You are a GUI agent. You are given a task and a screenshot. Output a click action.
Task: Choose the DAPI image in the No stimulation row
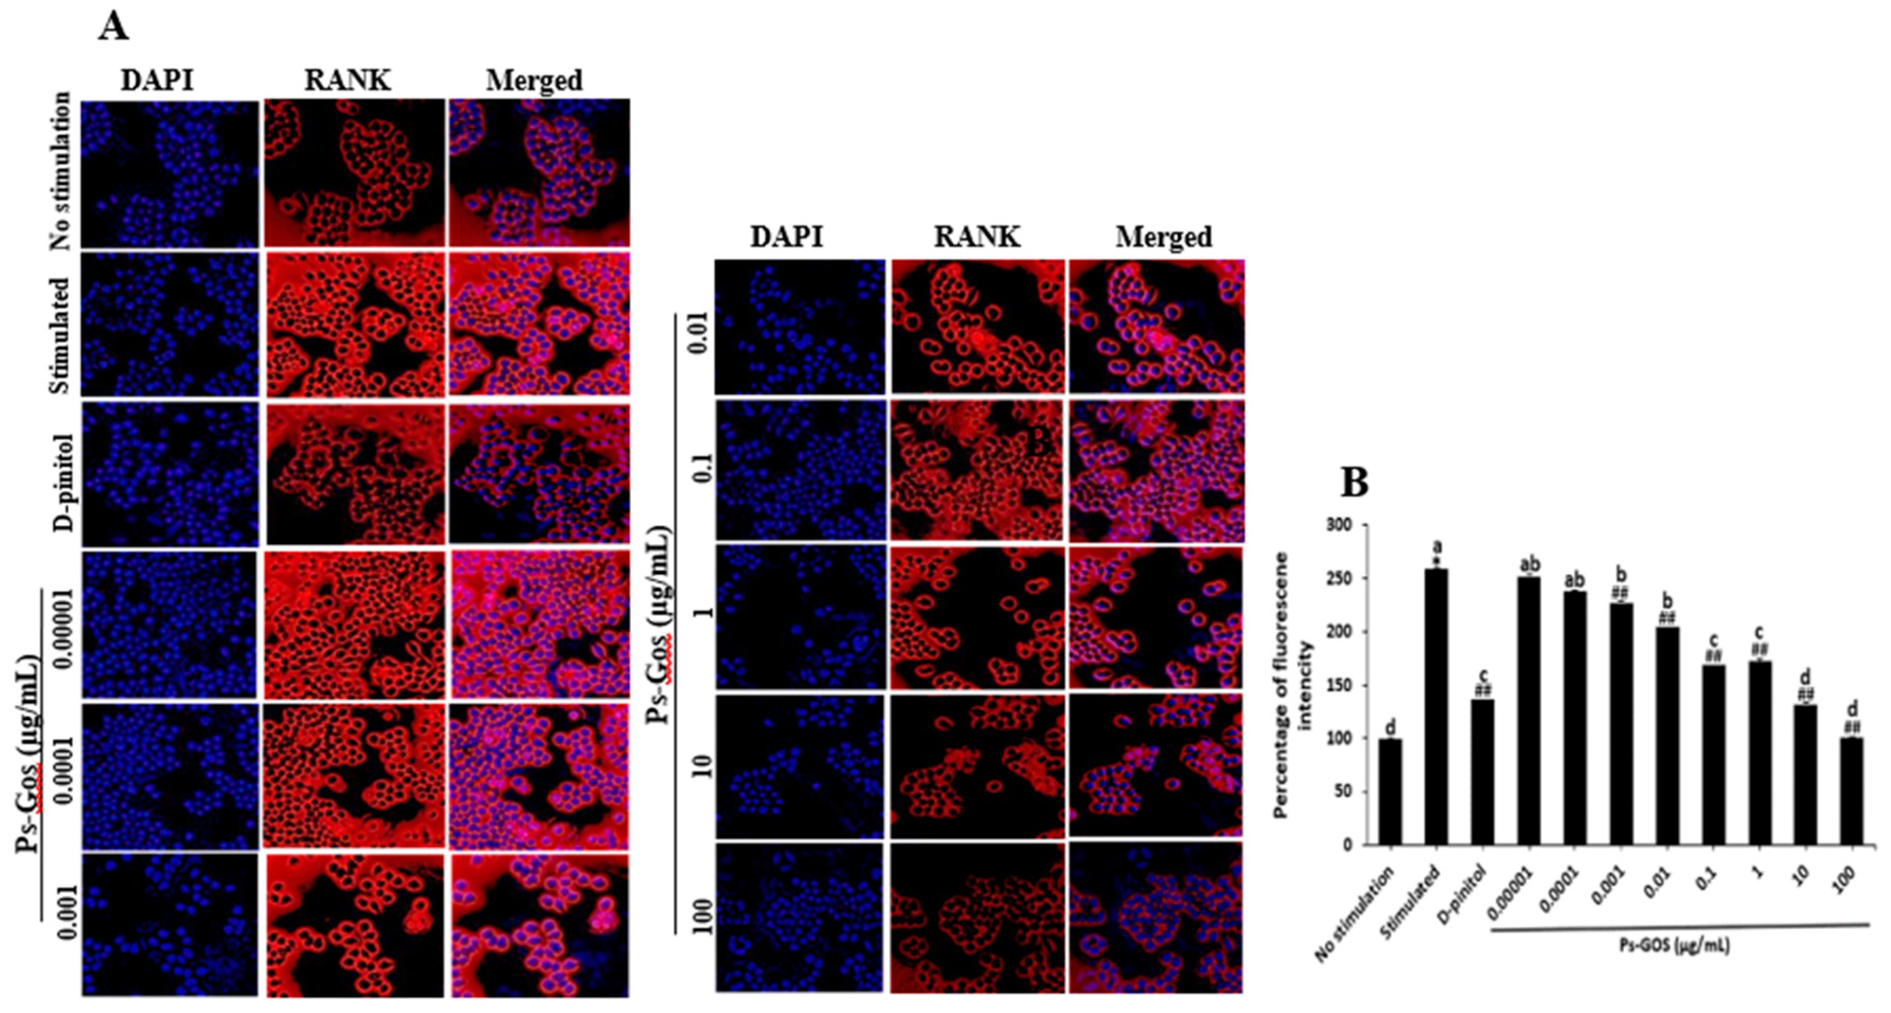170,174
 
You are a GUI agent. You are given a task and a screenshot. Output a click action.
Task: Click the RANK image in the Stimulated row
355,324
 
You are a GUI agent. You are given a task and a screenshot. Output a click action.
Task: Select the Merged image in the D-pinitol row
540,474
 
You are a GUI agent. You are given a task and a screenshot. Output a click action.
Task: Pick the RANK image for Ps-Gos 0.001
355,924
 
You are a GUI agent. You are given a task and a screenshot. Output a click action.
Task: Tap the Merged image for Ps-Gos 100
1156,917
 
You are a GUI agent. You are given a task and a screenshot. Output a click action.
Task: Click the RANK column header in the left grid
347,80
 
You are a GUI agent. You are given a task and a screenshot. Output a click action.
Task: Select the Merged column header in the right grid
1164,236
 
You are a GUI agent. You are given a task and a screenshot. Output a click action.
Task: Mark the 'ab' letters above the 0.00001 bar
1529,564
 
